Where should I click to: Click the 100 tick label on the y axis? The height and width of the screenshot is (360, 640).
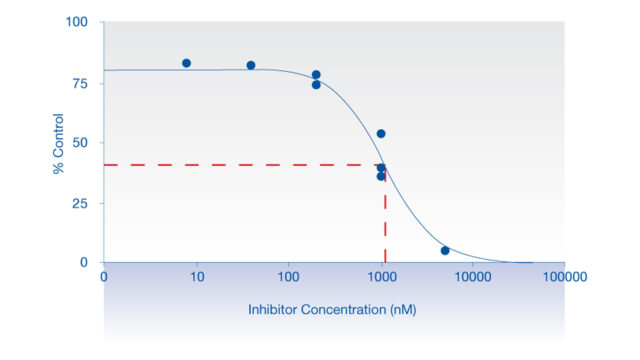point(77,22)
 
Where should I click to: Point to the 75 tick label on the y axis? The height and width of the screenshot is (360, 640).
point(81,82)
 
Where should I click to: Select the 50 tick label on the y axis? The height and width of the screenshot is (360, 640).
point(81,142)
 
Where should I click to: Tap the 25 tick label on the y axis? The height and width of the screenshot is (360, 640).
point(81,202)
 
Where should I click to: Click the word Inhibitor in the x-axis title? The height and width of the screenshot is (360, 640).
point(272,309)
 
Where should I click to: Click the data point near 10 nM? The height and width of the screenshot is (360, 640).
point(186,63)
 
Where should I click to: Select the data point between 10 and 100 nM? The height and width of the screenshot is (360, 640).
point(250,65)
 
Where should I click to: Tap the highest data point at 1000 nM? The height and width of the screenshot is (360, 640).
point(381,133)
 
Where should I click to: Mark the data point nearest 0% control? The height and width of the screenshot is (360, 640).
point(445,250)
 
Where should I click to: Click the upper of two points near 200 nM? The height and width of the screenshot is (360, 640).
point(316,75)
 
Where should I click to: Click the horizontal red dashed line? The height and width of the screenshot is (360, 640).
point(240,164)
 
